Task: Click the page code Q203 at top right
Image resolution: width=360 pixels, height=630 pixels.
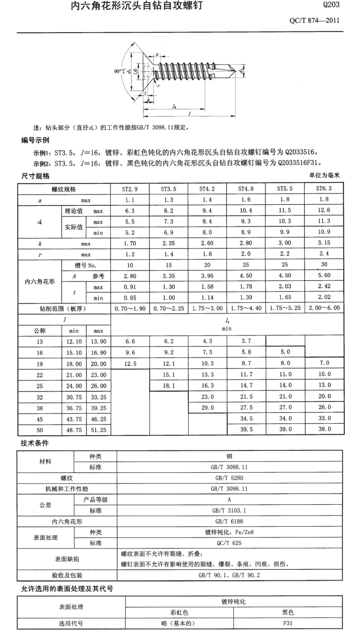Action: pyautogui.click(x=331, y=5)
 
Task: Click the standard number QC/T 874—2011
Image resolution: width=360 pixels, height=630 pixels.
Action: pyautogui.click(x=314, y=21)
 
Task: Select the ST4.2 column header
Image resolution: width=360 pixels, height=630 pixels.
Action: pyautogui.click(x=207, y=189)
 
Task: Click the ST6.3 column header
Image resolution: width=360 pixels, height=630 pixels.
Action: pyautogui.click(x=324, y=188)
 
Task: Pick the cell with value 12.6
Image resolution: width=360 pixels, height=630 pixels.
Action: pyautogui.click(x=324, y=210)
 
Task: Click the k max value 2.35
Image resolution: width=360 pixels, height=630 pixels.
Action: pyautogui.click(x=169, y=243)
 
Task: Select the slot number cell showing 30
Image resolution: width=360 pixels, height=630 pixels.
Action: pyautogui.click(x=324, y=264)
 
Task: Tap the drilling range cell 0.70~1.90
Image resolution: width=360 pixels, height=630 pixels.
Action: pyautogui.click(x=130, y=308)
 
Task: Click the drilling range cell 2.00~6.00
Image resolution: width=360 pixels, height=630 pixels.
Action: pyautogui.click(x=324, y=308)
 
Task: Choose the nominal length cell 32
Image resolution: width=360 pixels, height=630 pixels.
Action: pyautogui.click(x=40, y=397)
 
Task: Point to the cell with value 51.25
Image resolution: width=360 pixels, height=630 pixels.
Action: pyautogui.click(x=99, y=430)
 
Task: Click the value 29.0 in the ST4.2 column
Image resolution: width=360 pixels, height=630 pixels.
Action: pyautogui.click(x=207, y=407)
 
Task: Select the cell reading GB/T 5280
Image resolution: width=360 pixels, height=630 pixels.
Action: pyautogui.click(x=229, y=478)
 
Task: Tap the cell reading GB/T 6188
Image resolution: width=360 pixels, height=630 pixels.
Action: pyautogui.click(x=229, y=521)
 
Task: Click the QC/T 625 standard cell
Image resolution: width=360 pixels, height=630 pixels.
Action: pyautogui.click(x=229, y=543)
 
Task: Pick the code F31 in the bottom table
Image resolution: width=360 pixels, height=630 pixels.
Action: pyautogui.click(x=288, y=623)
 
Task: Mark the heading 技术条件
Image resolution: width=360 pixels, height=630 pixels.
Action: pyautogui.click(x=35, y=443)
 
